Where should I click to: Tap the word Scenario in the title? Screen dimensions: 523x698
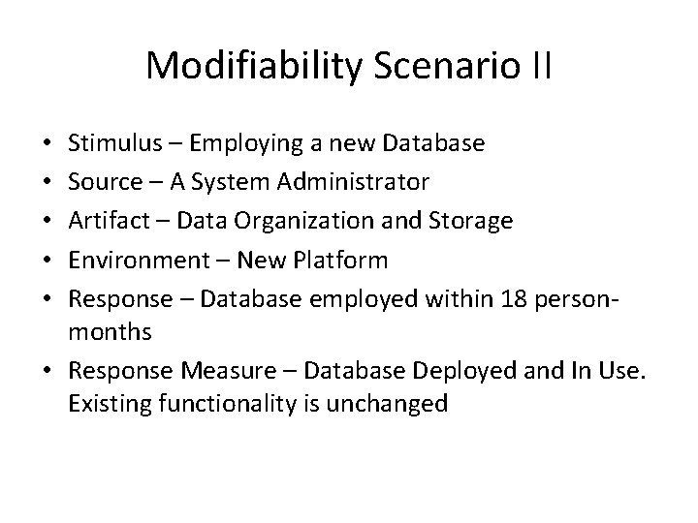445,65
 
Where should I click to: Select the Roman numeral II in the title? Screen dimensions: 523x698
541,65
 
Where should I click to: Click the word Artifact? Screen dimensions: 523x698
108,222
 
